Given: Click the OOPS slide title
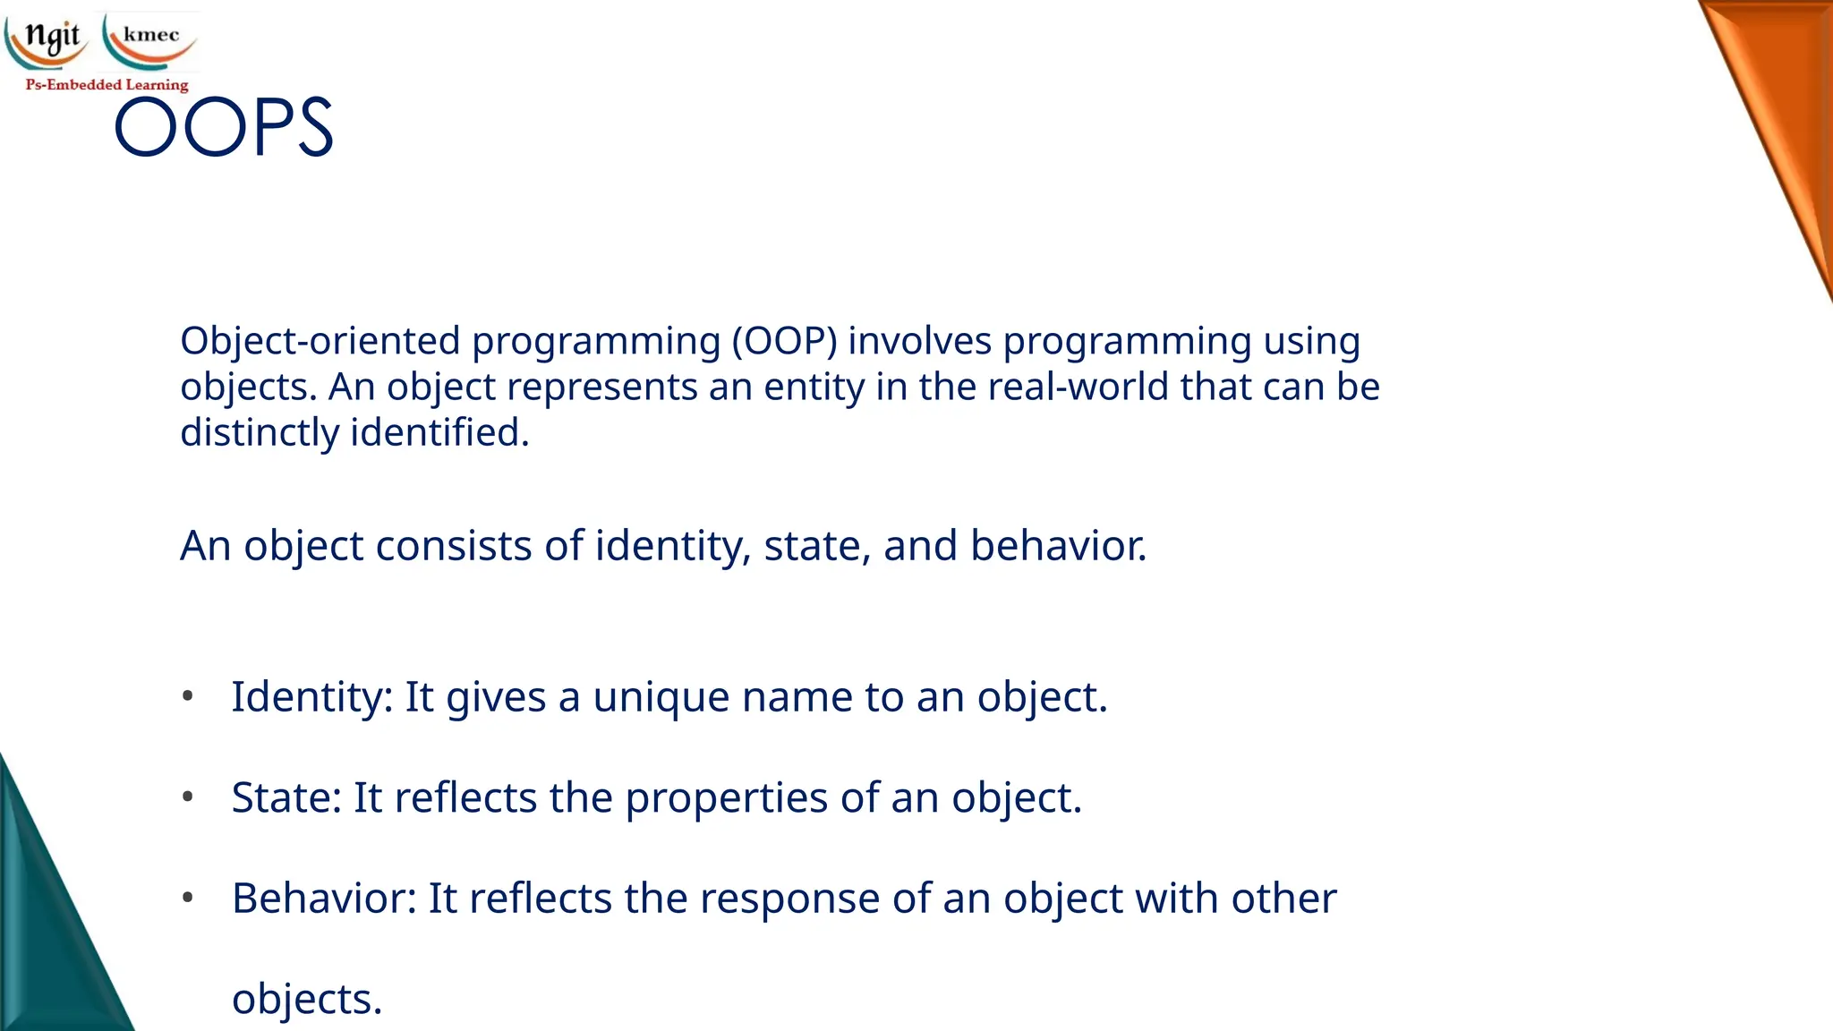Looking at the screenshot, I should click(224, 128).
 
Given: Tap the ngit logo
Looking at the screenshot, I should click(49, 38).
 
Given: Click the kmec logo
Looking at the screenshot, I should click(150, 38).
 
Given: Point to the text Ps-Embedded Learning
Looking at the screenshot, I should click(107, 85).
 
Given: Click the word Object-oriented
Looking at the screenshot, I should click(320, 342).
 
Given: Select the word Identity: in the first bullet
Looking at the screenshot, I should click(312, 698).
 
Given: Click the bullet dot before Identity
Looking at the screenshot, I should click(187, 696).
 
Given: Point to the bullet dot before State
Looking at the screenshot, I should click(187, 797).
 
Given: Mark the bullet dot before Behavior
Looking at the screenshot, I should click(187, 897).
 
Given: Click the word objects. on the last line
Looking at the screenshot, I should click(307, 1000).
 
